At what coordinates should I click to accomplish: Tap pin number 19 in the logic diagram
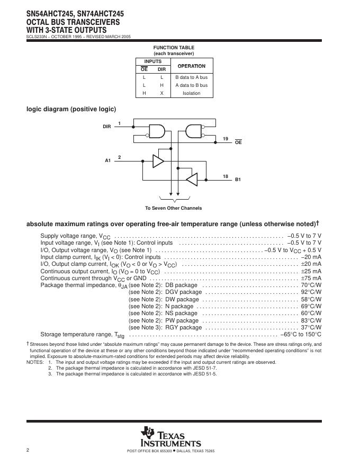pyautogui.click(x=226, y=139)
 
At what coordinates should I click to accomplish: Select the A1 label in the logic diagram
pyautogui.click(x=107, y=160)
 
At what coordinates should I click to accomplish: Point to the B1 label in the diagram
pyautogui.click(x=238, y=180)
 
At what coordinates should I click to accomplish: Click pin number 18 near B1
pyautogui.click(x=226, y=176)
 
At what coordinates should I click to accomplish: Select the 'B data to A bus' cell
pyautogui.click(x=191, y=77)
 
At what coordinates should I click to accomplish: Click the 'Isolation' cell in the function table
pyautogui.click(x=191, y=93)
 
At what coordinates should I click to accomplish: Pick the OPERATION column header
pyautogui.click(x=191, y=66)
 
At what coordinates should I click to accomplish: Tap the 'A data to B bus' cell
pyautogui.click(x=191, y=85)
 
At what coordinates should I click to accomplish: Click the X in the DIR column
pyautogui.click(x=161, y=93)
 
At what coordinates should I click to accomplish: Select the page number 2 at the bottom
pyautogui.click(x=28, y=450)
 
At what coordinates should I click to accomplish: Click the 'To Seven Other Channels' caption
pyautogui.click(x=173, y=208)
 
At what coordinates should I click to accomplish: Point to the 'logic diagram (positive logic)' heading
pyautogui.click(x=71, y=109)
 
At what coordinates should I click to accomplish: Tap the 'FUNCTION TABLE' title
pyautogui.click(x=174, y=48)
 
